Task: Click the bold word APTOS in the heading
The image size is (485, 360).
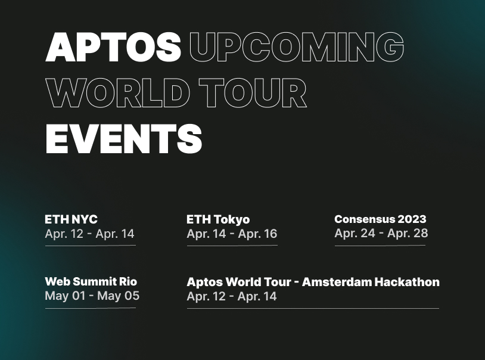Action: tap(113, 47)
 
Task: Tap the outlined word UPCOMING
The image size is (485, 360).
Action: tap(297, 47)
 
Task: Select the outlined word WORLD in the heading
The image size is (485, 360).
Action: tap(117, 93)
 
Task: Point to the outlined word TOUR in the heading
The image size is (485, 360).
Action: tap(253, 93)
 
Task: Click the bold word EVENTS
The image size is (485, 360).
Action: tap(124, 139)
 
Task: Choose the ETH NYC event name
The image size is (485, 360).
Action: tap(71, 219)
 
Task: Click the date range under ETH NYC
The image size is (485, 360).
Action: tap(89, 234)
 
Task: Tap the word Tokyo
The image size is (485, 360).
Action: tap(231, 219)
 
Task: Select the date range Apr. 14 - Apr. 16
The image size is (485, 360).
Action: tap(232, 234)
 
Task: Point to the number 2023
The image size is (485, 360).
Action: tap(412, 219)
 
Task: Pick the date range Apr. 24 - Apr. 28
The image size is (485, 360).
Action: tap(381, 233)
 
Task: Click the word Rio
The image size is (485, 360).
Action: tap(128, 281)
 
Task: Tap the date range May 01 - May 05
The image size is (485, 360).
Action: tap(92, 296)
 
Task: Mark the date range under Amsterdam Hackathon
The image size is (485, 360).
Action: tap(232, 296)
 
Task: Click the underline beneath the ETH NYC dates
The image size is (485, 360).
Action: tap(90, 245)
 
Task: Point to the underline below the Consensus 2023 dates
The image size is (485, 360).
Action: tap(380, 245)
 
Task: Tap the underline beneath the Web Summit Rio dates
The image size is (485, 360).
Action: tap(90, 308)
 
